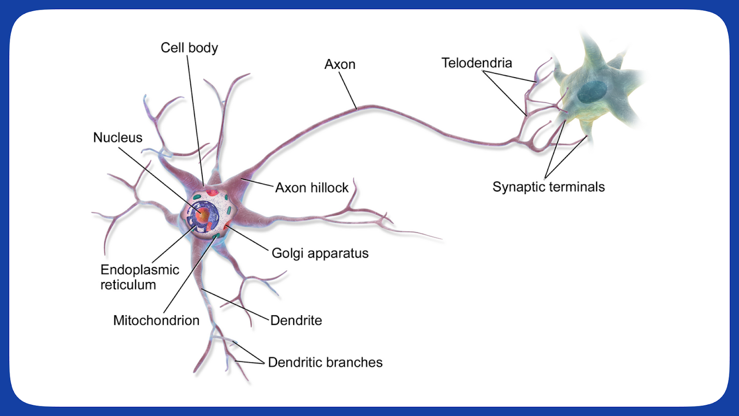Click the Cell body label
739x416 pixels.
[x=189, y=48]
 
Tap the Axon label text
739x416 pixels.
[x=340, y=64]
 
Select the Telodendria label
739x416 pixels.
[x=477, y=63]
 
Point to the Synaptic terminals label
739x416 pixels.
[x=548, y=187]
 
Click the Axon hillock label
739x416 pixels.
[x=312, y=188]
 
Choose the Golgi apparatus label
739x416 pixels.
[x=320, y=253]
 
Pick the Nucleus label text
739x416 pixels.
[x=118, y=137]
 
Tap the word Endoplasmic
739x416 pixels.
[x=140, y=270]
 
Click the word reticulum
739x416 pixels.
[x=128, y=285]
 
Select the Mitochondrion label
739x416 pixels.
[x=156, y=320]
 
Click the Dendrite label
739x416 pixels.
[x=296, y=320]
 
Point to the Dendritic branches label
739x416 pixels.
[x=325, y=362]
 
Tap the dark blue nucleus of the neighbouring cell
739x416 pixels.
[x=592, y=92]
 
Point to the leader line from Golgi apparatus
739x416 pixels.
[x=247, y=239]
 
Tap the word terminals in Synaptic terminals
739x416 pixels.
[x=577, y=187]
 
